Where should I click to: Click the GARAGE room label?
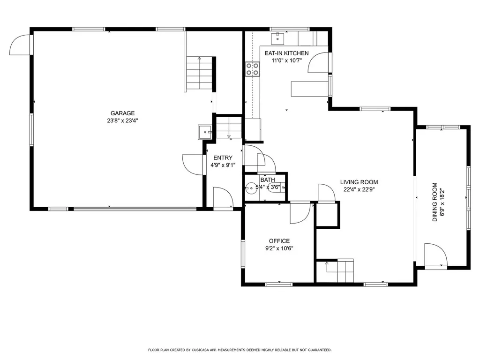click(122, 113)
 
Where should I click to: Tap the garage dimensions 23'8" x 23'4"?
click(122, 120)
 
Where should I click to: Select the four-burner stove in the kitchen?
click(253, 69)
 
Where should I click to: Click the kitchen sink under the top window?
click(278, 36)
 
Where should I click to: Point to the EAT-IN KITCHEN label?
click(286, 53)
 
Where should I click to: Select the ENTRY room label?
click(223, 158)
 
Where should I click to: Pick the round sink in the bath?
click(250, 188)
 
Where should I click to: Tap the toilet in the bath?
click(281, 187)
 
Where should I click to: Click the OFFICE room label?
click(279, 241)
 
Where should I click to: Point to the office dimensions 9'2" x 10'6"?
click(279, 248)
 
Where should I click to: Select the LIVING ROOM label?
click(359, 182)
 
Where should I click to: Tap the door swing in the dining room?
click(434, 255)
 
